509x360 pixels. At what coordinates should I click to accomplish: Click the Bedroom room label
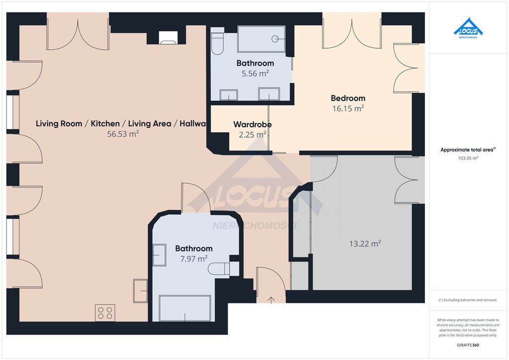tap(348, 98)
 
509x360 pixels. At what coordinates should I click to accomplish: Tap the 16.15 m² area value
tap(348, 108)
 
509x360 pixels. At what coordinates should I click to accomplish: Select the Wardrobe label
tap(253, 124)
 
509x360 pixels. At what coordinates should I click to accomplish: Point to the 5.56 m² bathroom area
tap(255, 74)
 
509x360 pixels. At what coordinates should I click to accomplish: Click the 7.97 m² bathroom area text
tap(194, 259)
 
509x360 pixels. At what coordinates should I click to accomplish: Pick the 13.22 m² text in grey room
tap(365, 244)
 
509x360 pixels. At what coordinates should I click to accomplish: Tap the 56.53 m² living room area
tap(123, 134)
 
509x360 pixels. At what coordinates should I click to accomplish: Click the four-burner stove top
tap(105, 313)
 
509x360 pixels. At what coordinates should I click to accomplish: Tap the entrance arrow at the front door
tap(271, 300)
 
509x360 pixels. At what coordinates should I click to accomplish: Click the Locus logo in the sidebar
tap(468, 28)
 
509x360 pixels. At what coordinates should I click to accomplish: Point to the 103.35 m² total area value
tap(468, 159)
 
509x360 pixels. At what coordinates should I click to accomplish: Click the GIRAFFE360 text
tap(468, 345)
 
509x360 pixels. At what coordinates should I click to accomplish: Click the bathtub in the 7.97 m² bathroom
tap(185, 308)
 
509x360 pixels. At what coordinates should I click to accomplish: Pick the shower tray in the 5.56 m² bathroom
tap(261, 39)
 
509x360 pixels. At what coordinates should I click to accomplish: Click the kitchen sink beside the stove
tap(140, 291)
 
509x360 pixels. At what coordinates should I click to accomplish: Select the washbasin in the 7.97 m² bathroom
tap(160, 255)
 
